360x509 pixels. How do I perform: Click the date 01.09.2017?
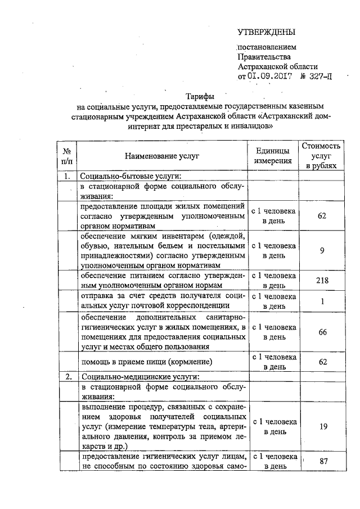[x=269, y=77]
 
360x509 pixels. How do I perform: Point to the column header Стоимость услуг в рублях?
[x=322, y=156]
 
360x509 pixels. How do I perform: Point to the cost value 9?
[x=322, y=251]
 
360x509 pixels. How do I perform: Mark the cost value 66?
[x=322, y=332]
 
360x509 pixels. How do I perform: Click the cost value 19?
[x=322, y=427]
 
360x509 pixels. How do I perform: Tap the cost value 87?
[x=322, y=461]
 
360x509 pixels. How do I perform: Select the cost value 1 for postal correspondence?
[x=322, y=301]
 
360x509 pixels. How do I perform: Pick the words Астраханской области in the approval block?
[x=278, y=66]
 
